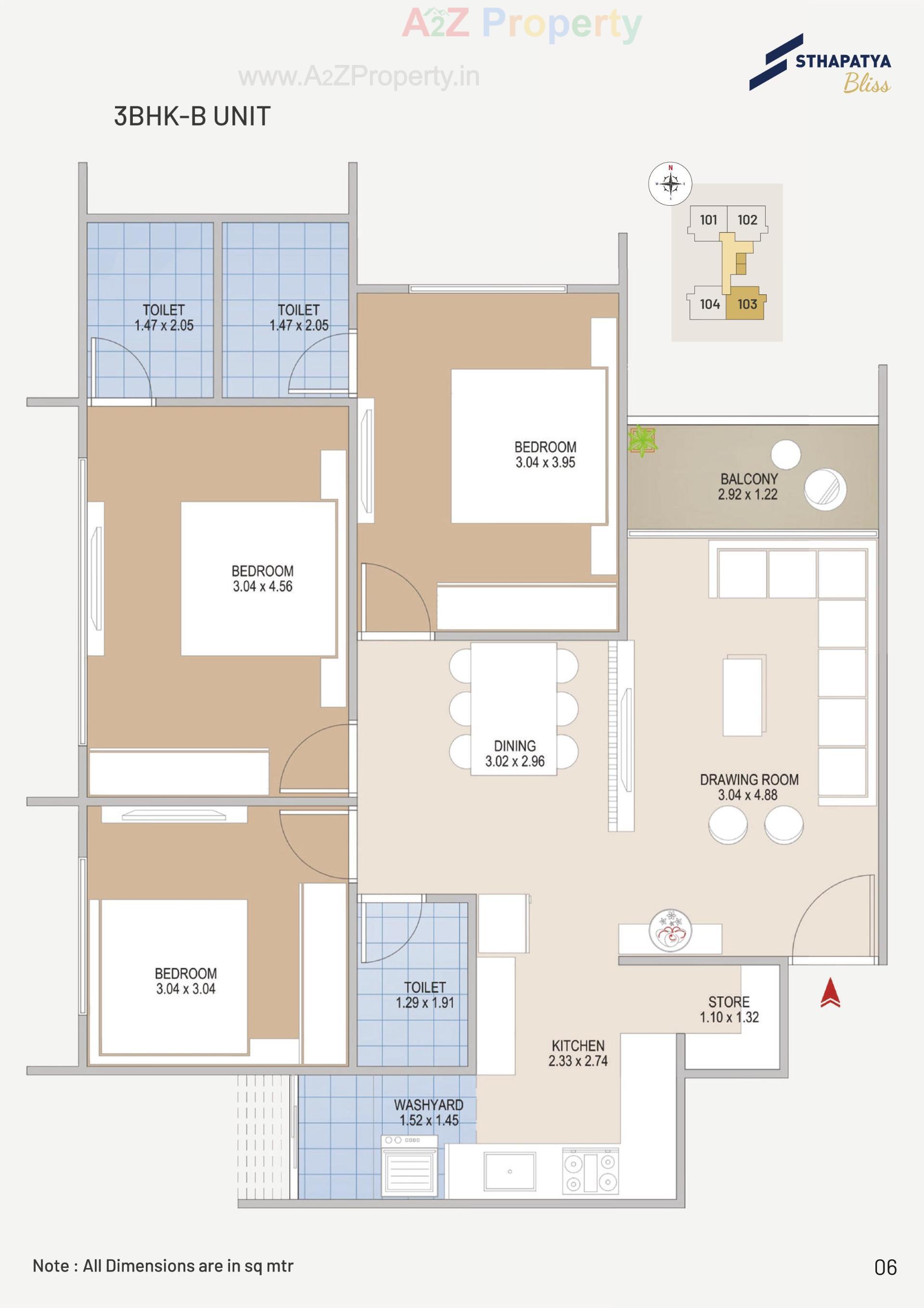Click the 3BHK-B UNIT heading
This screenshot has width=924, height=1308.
tap(192, 116)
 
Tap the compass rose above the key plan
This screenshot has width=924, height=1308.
tap(670, 183)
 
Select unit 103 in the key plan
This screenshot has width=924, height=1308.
tap(747, 304)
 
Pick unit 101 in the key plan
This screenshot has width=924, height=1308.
tap(708, 220)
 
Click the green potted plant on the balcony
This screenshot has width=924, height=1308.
tap(642, 440)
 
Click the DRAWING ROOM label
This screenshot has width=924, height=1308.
tap(749, 779)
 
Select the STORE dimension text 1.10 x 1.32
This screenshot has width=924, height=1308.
tap(729, 1017)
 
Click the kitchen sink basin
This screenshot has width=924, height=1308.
tap(510, 1172)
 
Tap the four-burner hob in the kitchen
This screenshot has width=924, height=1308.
tap(590, 1172)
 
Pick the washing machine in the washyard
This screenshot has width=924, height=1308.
tap(410, 1166)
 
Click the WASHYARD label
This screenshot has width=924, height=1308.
tap(428, 1105)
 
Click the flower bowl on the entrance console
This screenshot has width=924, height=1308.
tap(671, 931)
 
